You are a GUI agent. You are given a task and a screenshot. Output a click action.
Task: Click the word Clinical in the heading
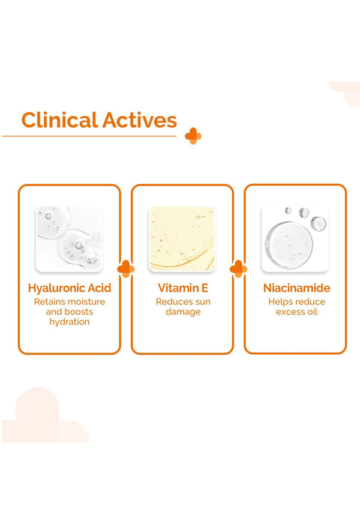59,119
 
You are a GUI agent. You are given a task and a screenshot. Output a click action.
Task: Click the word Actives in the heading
140,120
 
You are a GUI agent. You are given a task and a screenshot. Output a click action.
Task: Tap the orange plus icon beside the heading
193,136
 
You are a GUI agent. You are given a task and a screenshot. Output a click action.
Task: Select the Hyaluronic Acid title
70,288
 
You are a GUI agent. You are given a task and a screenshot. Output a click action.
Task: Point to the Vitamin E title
183,288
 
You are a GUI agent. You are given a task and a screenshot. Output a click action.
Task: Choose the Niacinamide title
296,288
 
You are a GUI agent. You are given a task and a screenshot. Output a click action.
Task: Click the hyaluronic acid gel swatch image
69,239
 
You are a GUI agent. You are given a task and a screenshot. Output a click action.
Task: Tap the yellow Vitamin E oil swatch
182,239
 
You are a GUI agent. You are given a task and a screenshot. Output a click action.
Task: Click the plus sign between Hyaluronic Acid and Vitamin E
126,269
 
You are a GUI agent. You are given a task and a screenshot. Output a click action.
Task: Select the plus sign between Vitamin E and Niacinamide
239,269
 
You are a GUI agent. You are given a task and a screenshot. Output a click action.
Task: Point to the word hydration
69,322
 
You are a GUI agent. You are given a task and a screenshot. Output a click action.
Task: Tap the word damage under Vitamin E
183,312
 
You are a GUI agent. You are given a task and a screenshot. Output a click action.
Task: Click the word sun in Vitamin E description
202,302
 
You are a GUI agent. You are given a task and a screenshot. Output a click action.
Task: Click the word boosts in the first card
79,312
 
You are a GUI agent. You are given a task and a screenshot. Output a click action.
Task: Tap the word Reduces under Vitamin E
173,302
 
